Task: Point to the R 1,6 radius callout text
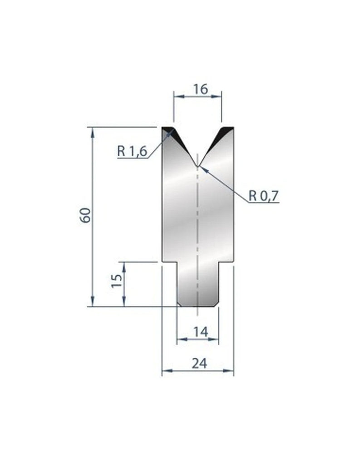tap(132, 151)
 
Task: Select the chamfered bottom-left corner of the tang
tap(179, 303)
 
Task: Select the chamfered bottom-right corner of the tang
tap(217, 303)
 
